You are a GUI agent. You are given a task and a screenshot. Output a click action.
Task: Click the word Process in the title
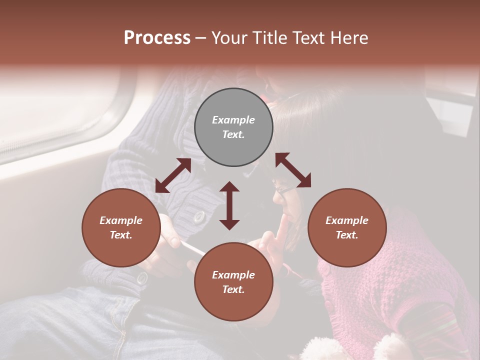(157, 38)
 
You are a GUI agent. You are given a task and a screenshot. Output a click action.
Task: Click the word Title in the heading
(270, 38)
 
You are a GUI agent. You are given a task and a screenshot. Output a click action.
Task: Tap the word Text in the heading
(309, 38)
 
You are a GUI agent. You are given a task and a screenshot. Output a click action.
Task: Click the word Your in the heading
(230, 38)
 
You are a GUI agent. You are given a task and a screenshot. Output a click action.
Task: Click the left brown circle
(121, 250)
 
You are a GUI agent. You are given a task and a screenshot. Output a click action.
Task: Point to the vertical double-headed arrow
(229, 205)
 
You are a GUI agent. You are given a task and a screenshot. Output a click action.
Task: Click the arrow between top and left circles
(173, 175)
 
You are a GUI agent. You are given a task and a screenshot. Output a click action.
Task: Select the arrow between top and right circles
(293, 170)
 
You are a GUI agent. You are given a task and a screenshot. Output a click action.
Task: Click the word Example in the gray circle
(233, 120)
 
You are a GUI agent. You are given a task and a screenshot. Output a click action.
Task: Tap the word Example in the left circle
(121, 220)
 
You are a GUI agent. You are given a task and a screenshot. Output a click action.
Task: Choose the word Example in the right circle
(347, 220)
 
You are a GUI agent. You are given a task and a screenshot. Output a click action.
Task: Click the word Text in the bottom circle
(233, 289)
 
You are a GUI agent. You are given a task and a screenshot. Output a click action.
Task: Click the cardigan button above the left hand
(199, 217)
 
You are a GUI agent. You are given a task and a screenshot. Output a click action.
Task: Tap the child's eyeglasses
(283, 189)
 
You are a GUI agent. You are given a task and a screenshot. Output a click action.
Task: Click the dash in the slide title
(200, 38)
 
